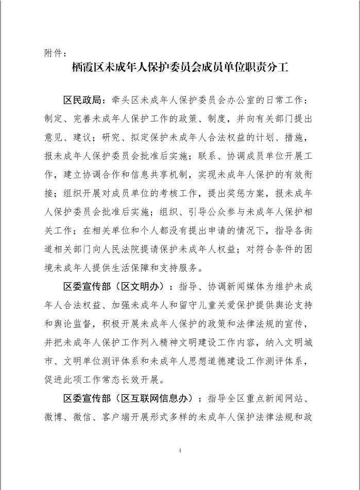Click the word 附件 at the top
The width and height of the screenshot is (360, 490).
point(52,53)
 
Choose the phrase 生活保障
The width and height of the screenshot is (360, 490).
point(133,268)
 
